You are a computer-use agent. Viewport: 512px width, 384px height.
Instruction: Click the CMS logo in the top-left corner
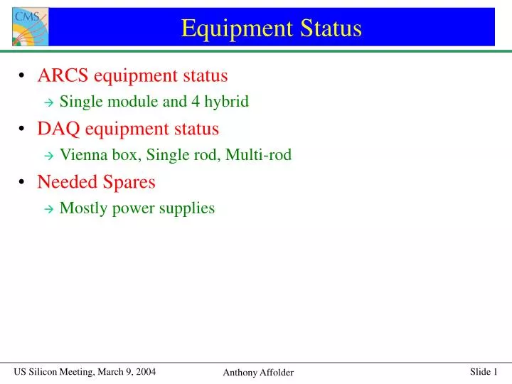tap(31, 26)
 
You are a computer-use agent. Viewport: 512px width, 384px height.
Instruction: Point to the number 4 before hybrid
tap(194, 102)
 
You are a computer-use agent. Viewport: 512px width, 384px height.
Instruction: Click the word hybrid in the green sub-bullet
tap(225, 102)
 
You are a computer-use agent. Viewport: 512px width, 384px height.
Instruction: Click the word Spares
tap(129, 182)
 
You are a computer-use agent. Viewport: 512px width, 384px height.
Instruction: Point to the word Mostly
tap(82, 208)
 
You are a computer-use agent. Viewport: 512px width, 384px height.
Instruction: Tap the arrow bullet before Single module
tap(48, 102)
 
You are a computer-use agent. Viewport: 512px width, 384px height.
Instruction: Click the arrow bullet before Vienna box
tap(48, 156)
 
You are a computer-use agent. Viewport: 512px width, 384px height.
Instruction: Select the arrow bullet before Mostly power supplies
tap(48, 209)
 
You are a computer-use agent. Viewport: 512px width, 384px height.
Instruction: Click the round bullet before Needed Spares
tap(23, 183)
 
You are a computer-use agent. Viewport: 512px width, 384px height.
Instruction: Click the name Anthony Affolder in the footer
tap(258, 373)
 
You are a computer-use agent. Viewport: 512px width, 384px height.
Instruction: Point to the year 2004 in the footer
tap(144, 372)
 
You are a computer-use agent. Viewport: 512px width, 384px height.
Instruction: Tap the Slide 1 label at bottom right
tap(484, 372)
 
